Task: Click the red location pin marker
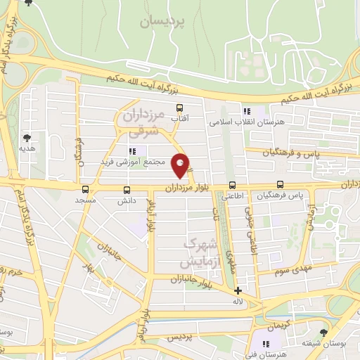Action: tap(181, 165)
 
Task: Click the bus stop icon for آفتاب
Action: tap(180, 108)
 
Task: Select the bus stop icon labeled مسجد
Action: tap(85, 189)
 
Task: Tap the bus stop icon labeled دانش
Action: tap(127, 189)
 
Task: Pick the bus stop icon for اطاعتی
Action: tap(231, 186)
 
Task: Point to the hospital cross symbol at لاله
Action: tap(238, 290)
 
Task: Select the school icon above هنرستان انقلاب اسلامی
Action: tap(246, 111)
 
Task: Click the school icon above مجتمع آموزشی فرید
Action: tap(131, 150)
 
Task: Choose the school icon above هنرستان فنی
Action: tap(265, 344)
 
